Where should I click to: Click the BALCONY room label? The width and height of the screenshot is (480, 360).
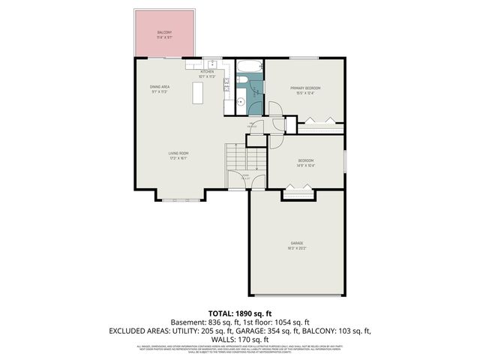(164, 34)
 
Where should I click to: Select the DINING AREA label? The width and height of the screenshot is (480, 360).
(160, 88)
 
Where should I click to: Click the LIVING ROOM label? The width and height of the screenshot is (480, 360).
(178, 155)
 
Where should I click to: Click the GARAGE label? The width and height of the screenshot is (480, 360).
(296, 244)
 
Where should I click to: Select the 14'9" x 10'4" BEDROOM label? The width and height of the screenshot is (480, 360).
(305, 161)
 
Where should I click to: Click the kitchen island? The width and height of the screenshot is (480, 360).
(198, 93)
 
